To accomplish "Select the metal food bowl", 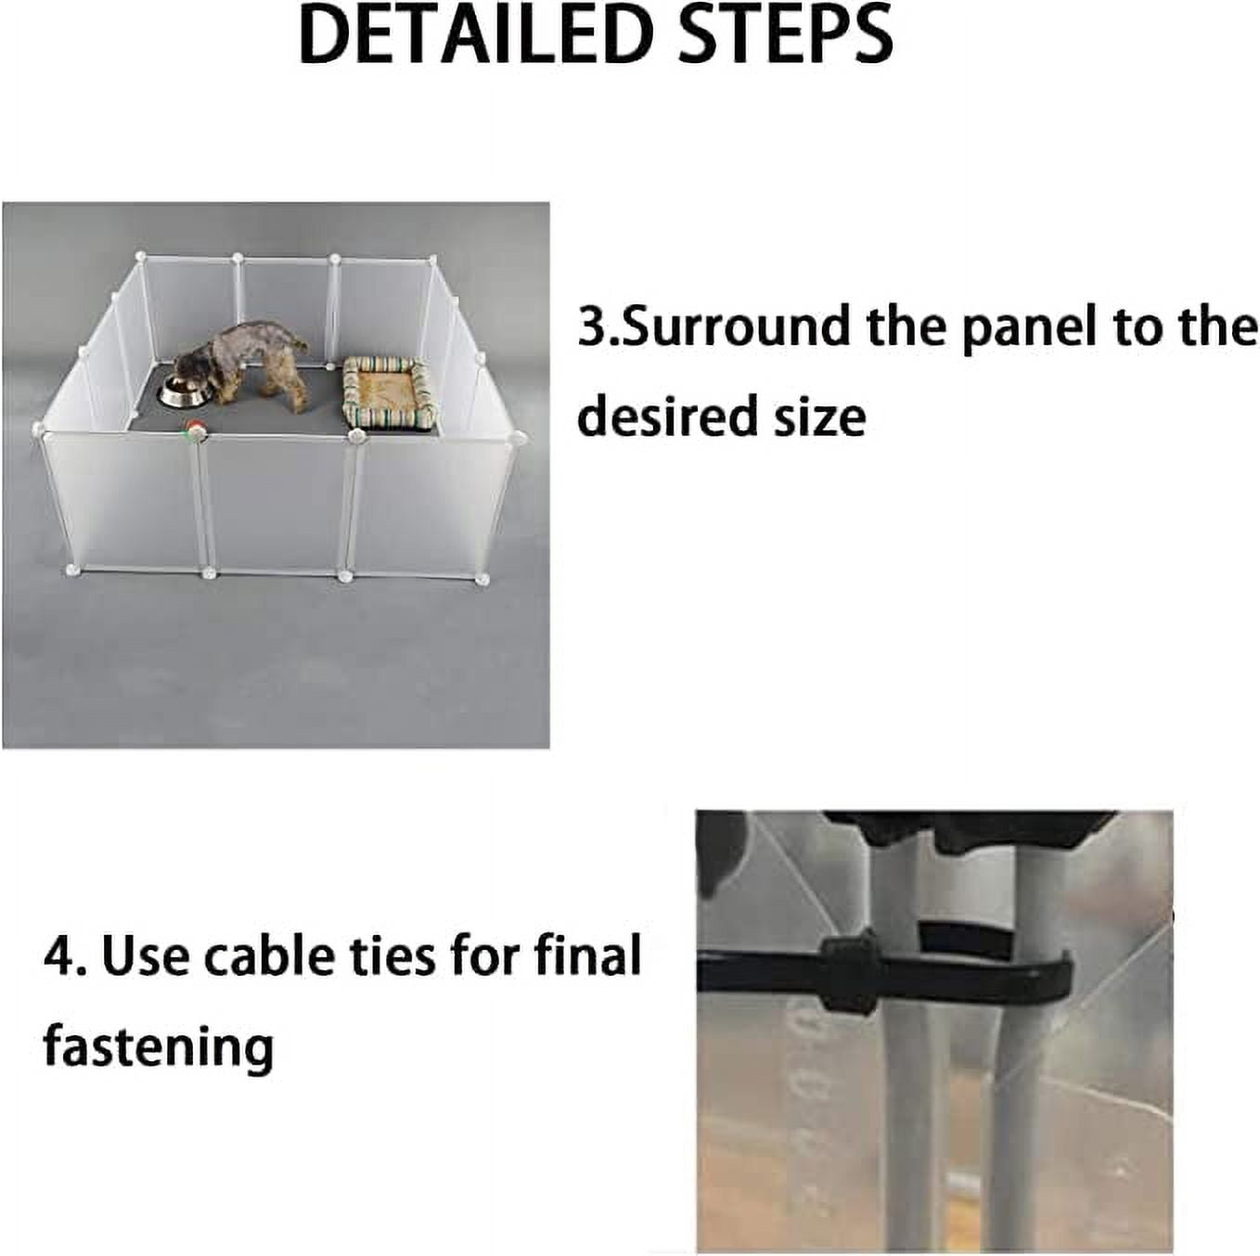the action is (185, 390).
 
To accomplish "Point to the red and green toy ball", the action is (194, 429).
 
